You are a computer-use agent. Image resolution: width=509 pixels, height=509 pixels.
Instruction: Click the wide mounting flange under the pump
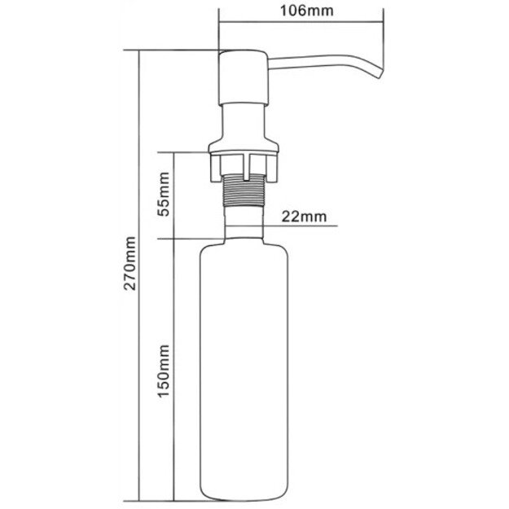244,148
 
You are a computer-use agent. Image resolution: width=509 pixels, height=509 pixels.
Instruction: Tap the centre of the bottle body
244,366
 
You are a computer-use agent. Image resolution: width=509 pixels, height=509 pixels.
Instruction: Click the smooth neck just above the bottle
244,222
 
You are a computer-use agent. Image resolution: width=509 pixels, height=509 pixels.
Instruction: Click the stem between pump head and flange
244,118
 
